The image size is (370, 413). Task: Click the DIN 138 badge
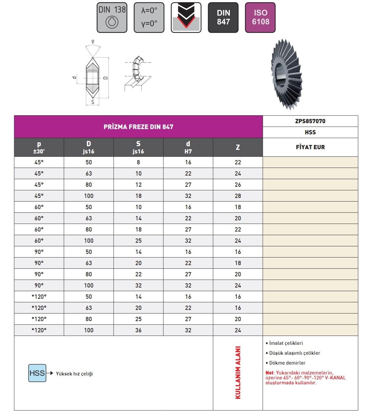click(x=112, y=18)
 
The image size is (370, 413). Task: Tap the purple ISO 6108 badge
click(x=260, y=18)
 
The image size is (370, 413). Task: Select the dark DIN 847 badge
click(x=223, y=18)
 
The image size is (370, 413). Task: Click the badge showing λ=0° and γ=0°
click(x=149, y=18)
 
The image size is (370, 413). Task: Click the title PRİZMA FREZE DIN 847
click(x=138, y=127)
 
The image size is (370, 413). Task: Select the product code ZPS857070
click(x=310, y=121)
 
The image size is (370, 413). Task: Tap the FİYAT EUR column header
click(x=310, y=147)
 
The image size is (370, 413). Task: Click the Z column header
click(x=238, y=147)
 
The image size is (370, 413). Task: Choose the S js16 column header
click(x=138, y=147)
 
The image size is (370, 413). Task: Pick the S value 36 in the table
click(x=138, y=330)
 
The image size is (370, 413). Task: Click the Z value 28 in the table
click(x=238, y=196)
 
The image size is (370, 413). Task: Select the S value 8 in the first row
click(x=138, y=162)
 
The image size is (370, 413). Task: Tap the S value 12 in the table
click(x=138, y=184)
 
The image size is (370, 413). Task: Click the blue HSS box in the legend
click(x=37, y=373)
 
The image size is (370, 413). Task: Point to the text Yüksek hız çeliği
click(x=74, y=374)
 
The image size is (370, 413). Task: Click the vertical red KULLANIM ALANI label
click(x=238, y=372)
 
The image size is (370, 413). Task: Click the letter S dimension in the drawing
click(x=93, y=102)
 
